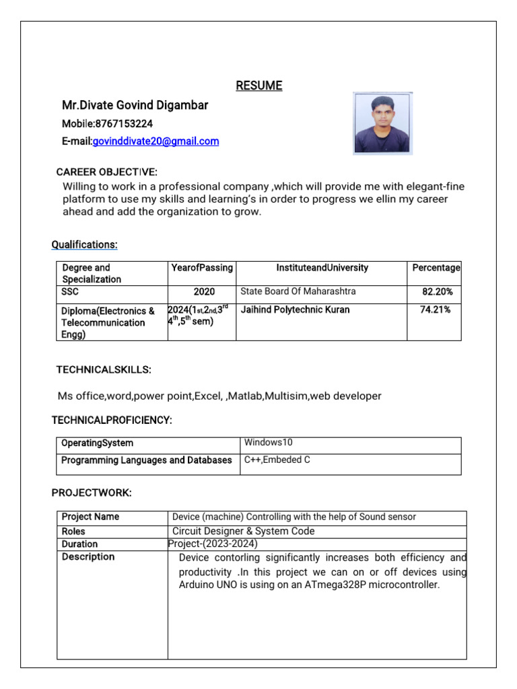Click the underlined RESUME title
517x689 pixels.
click(x=258, y=85)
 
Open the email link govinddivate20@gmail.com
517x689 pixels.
click(x=156, y=141)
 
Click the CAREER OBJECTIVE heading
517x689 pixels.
click(x=106, y=172)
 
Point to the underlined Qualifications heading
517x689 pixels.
click(x=85, y=244)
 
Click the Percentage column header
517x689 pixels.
click(x=436, y=268)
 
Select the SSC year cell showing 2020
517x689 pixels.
click(x=204, y=292)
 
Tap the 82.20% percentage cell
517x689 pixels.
click(x=437, y=292)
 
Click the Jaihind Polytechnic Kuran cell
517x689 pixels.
click(x=295, y=310)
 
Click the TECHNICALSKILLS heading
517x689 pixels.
click(x=103, y=369)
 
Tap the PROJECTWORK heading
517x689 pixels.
click(x=92, y=493)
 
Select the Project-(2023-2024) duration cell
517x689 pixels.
click(x=213, y=544)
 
